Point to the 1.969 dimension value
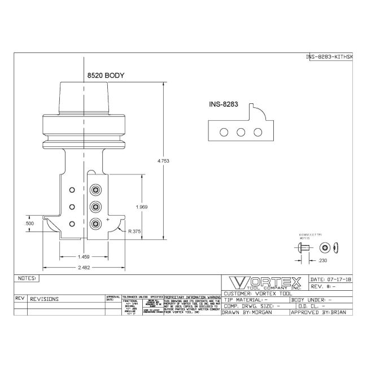[142, 207]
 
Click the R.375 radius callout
[134, 230]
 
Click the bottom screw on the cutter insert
[96, 224]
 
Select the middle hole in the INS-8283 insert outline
[241, 132]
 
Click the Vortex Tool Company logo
[264, 283]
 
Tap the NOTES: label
[27, 278]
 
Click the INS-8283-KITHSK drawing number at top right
[329, 57]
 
